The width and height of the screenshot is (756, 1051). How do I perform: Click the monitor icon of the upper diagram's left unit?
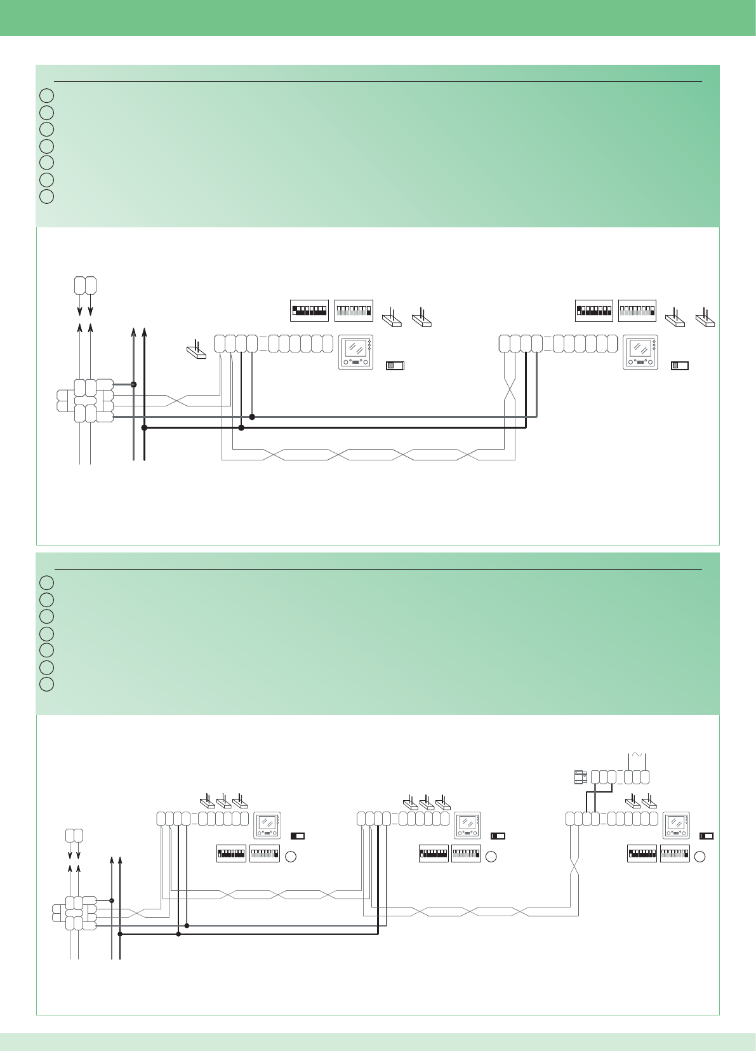[x=355, y=352]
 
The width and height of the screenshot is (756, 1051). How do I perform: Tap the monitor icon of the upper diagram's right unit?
[x=640, y=352]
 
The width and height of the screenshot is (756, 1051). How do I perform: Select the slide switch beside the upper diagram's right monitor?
[x=680, y=365]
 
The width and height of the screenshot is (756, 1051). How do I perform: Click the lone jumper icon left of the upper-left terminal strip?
[x=196, y=351]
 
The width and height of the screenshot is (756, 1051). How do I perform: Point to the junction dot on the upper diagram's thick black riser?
[x=144, y=428]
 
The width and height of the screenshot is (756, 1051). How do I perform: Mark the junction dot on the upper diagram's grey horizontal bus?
[x=252, y=417]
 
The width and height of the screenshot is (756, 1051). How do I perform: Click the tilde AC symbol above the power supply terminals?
[x=636, y=754]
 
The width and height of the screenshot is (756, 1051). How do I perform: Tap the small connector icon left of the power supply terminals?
[x=578, y=777]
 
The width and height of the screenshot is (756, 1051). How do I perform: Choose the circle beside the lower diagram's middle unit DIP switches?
[x=491, y=857]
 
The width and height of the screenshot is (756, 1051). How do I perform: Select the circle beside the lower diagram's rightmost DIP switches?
[x=700, y=857]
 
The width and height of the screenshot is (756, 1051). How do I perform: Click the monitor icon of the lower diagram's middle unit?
[x=467, y=825]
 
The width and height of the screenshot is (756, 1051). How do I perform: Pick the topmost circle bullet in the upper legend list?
[x=46, y=96]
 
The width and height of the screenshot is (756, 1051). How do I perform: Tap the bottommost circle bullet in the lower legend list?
[x=46, y=685]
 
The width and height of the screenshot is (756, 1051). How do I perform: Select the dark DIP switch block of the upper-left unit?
[x=309, y=311]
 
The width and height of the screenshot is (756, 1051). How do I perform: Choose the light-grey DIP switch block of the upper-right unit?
[x=637, y=311]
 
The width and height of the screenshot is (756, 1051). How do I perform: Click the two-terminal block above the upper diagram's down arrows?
[x=85, y=285]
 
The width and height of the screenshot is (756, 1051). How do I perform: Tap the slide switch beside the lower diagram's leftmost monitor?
[x=297, y=836]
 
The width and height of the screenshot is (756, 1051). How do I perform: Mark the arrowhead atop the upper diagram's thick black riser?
[x=145, y=331]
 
